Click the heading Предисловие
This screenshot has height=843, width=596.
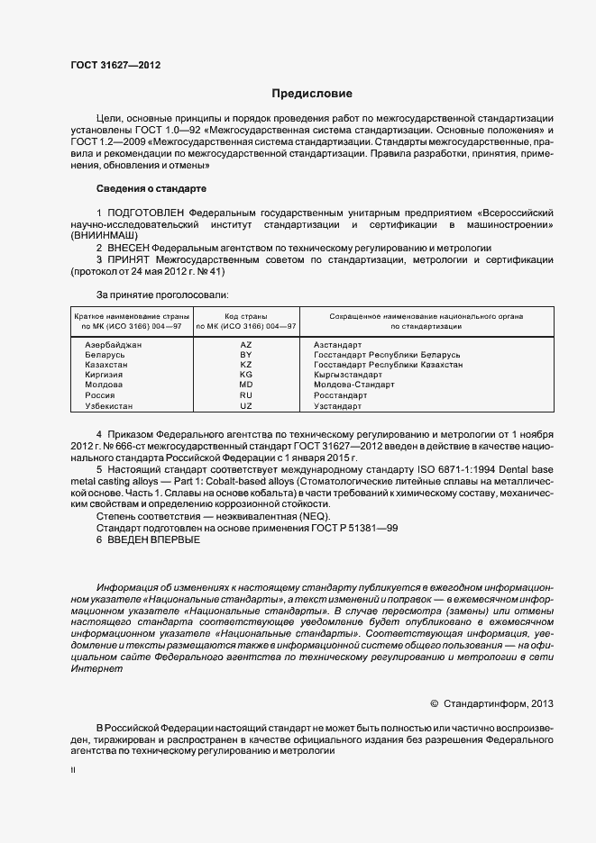tap(313, 94)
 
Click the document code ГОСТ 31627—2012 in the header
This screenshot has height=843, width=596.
tap(116, 65)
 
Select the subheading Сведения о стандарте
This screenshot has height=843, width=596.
tap(151, 188)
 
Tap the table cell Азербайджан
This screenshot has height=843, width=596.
tap(113, 346)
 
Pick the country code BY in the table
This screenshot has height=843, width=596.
tap(246, 356)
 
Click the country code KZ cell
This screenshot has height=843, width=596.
tap(246, 365)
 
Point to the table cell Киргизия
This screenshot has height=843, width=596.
tap(104, 375)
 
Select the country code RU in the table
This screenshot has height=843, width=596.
tap(246, 394)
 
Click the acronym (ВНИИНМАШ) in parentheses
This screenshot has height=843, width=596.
tap(103, 233)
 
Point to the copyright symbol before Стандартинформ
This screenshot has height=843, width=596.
tap(434, 703)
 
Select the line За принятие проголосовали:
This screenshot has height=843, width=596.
tap(162, 294)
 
